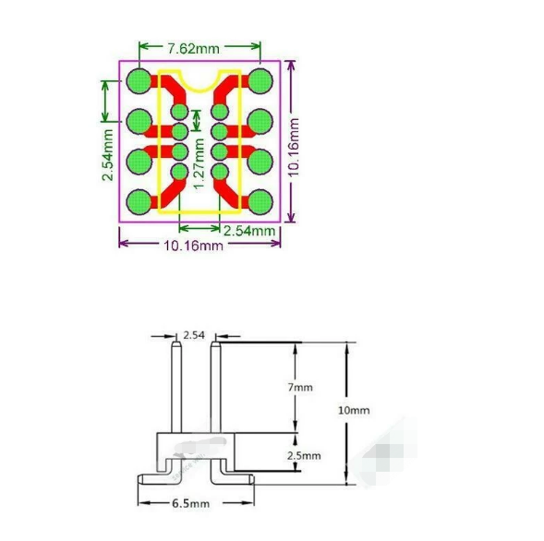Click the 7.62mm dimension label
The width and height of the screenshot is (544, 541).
pos(194,49)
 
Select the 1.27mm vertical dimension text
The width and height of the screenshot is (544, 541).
pos(199,163)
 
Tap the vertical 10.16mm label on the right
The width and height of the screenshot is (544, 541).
pos(294,148)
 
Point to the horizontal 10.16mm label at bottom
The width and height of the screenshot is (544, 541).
pos(193,246)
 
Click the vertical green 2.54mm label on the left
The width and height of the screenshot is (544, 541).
pos(108,155)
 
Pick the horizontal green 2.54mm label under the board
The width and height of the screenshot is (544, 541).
pos(249,231)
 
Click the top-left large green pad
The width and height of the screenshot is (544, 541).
pos(139,81)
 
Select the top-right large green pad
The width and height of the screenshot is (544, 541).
pos(260,81)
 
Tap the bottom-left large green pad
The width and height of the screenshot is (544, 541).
pos(139,202)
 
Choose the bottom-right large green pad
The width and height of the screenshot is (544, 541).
pos(260,202)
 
